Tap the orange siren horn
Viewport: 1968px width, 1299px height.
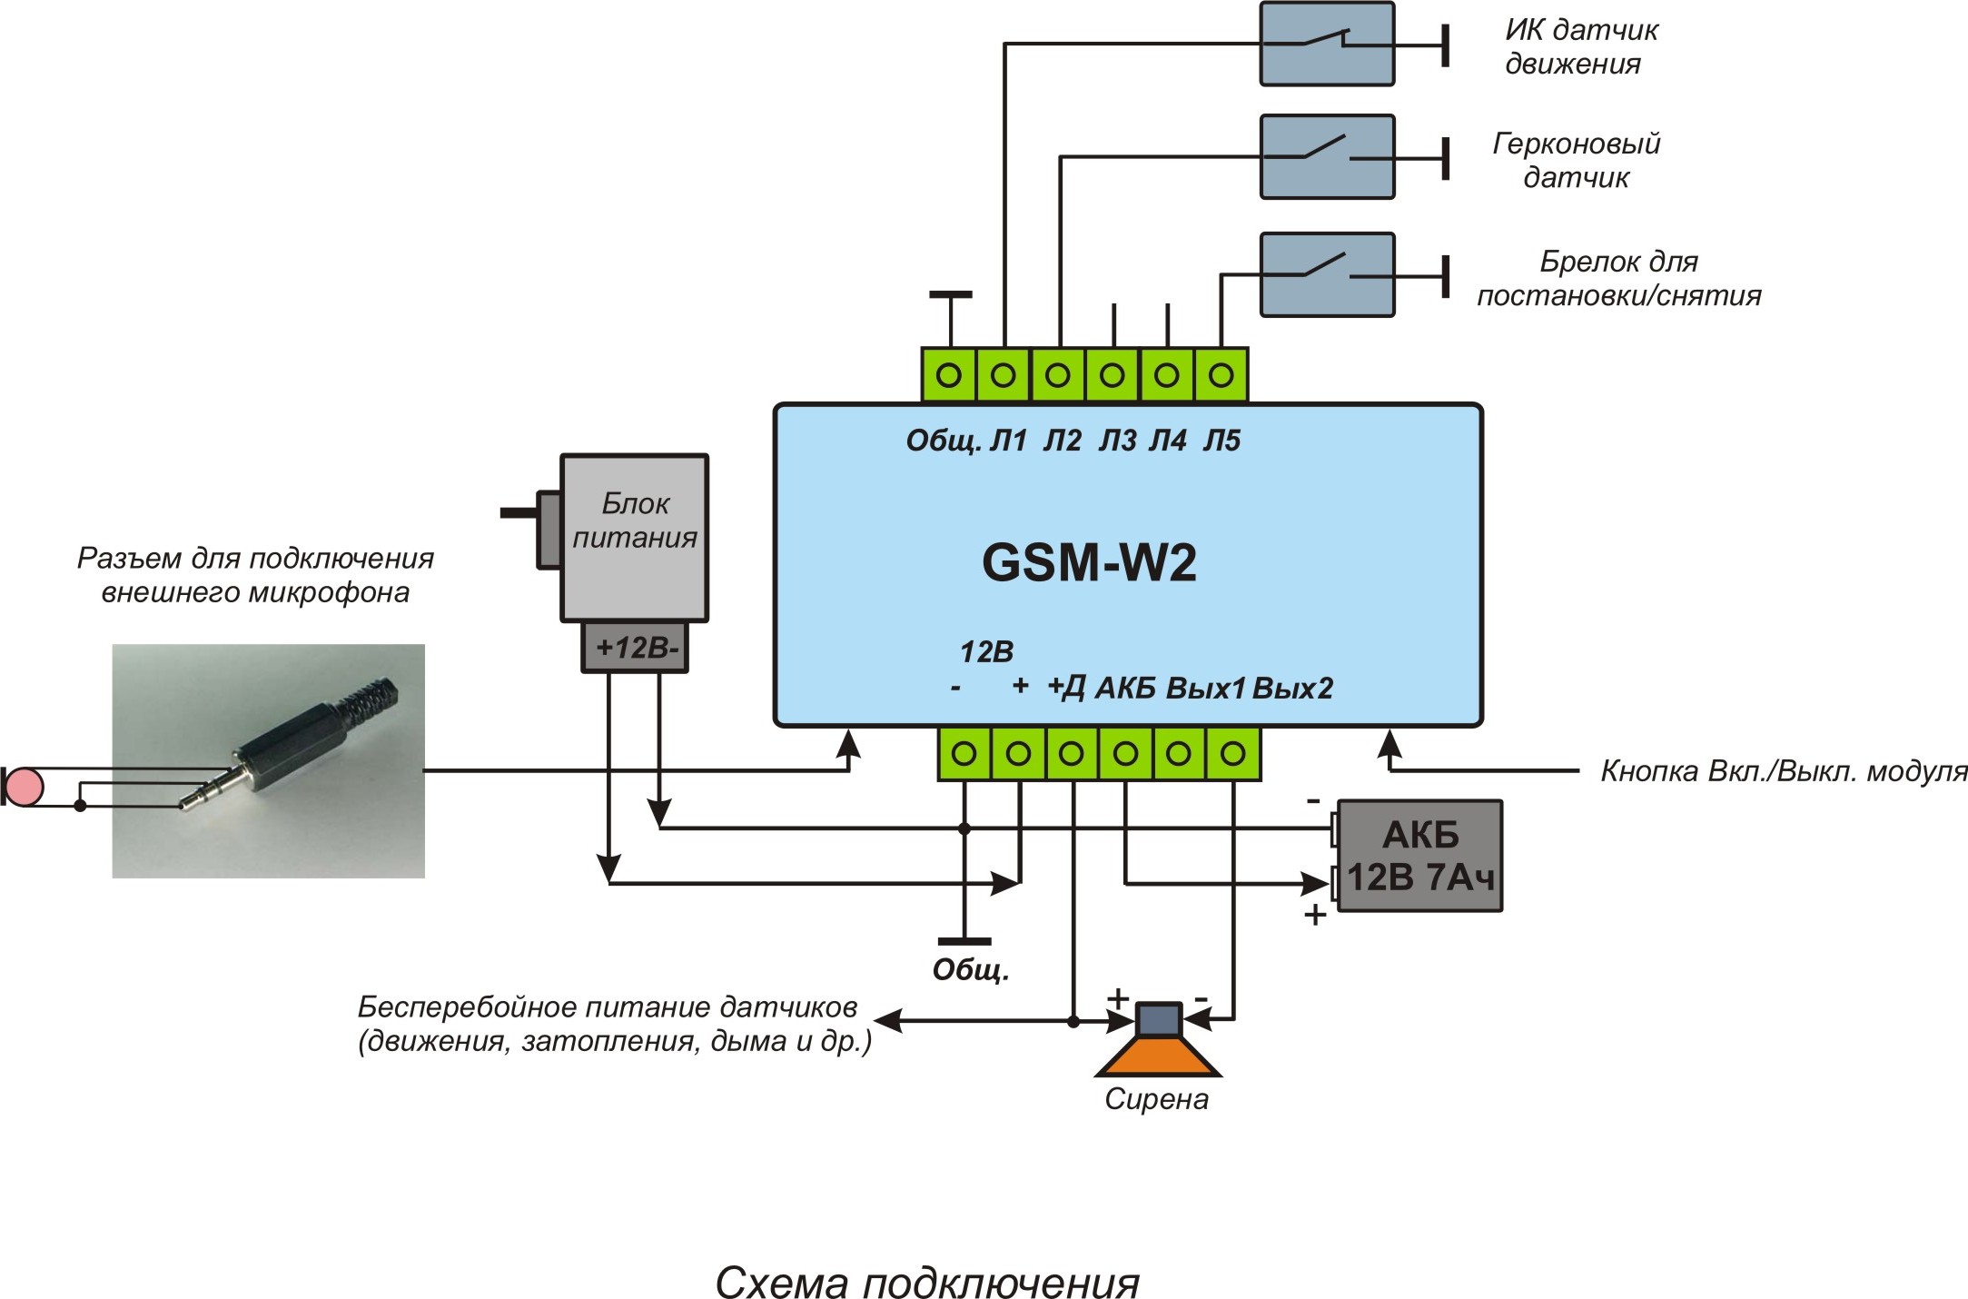click(1158, 1057)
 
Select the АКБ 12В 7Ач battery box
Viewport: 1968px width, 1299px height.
click(1419, 856)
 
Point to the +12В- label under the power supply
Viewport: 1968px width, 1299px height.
click(636, 648)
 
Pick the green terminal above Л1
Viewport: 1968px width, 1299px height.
click(1004, 374)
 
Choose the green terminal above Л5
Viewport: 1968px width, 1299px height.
click(1221, 374)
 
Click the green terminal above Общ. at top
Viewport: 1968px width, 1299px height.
click(949, 374)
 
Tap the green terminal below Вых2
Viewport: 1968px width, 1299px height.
click(1232, 753)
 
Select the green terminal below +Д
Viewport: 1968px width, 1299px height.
click(1072, 753)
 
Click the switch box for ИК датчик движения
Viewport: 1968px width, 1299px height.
click(1327, 44)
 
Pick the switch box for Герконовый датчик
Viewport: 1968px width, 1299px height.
click(1327, 156)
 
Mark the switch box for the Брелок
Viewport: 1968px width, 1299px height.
click(1327, 274)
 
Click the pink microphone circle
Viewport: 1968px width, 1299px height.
click(25, 787)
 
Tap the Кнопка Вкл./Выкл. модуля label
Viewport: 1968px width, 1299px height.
click(1783, 771)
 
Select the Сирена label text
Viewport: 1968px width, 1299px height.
click(1156, 1099)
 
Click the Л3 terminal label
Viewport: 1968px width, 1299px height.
click(1117, 441)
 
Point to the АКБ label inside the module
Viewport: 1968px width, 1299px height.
click(1124, 689)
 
